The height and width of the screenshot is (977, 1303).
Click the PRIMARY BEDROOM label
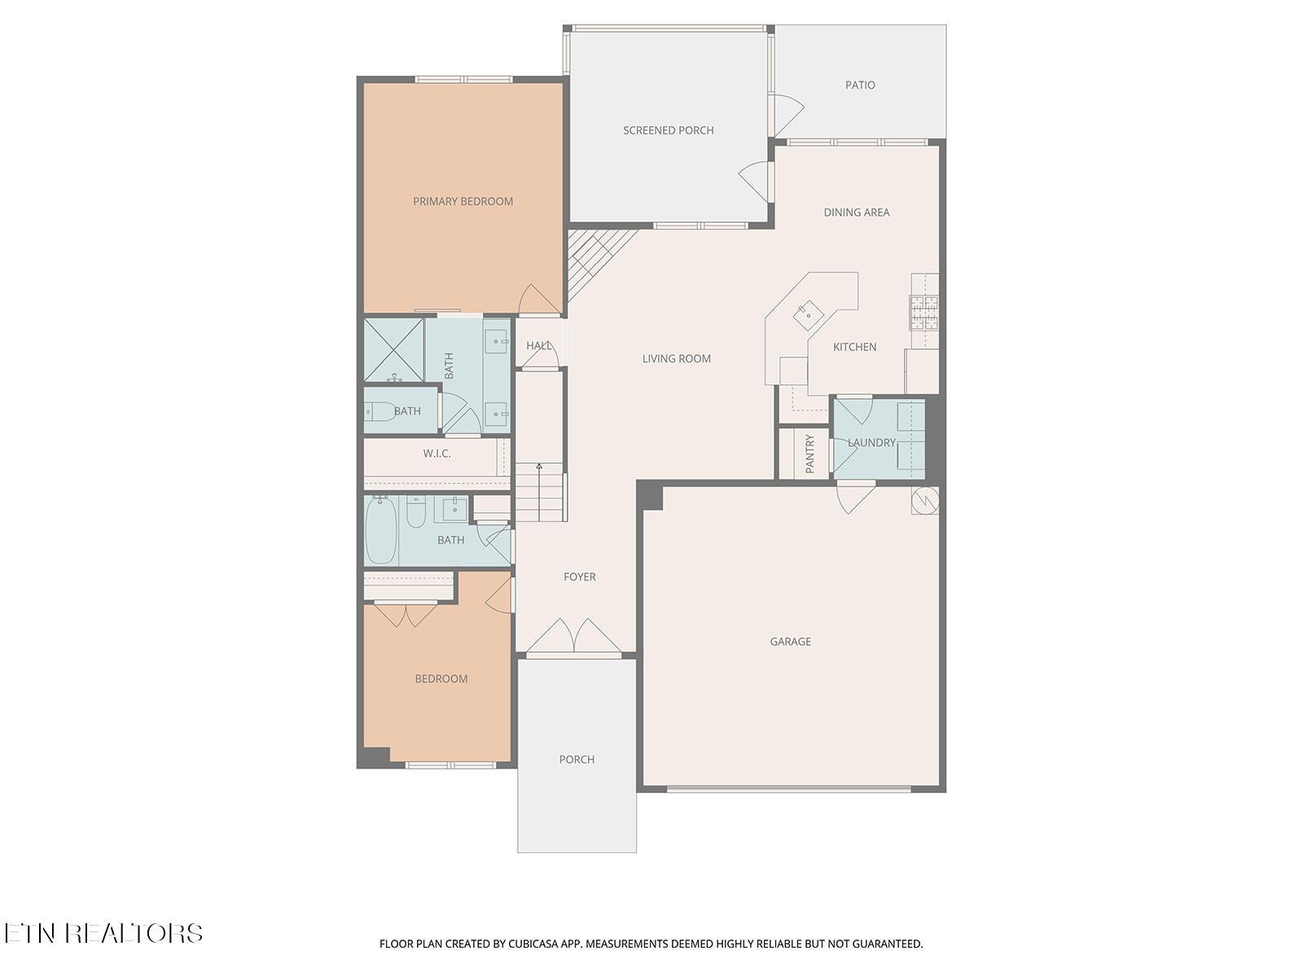click(463, 202)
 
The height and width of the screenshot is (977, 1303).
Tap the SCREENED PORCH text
click(668, 130)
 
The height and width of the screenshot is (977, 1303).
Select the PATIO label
click(860, 85)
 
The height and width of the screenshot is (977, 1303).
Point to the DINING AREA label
click(856, 212)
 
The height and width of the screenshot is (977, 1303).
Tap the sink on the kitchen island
click(809, 313)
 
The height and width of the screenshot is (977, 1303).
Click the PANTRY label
click(809, 453)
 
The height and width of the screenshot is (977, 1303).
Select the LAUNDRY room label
click(871, 443)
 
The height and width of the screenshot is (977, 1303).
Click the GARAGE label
click(790, 642)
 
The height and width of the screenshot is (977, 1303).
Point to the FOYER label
click(579, 577)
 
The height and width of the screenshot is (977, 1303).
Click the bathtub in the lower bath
click(380, 531)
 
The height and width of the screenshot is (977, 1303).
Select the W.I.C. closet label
click(437, 453)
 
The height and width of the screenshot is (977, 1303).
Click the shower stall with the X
click(394, 350)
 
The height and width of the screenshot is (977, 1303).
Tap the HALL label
click(538, 346)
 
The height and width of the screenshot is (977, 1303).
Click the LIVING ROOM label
click(676, 359)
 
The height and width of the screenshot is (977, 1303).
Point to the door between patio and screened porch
click(787, 114)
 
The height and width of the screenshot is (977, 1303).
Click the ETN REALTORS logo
click(103, 933)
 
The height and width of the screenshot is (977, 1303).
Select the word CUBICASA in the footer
click(537, 944)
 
